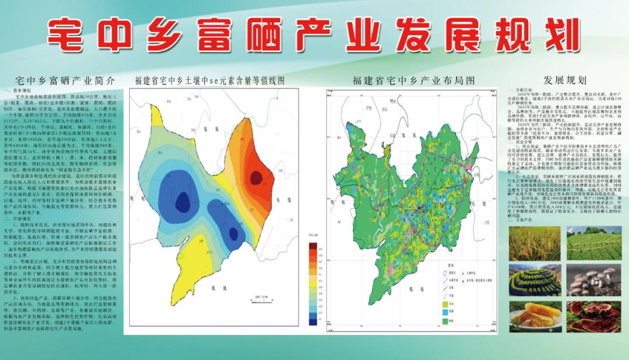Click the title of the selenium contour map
point(209,81)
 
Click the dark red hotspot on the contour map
point(256,177)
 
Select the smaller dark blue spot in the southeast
point(234,234)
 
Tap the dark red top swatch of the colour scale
point(313,246)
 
